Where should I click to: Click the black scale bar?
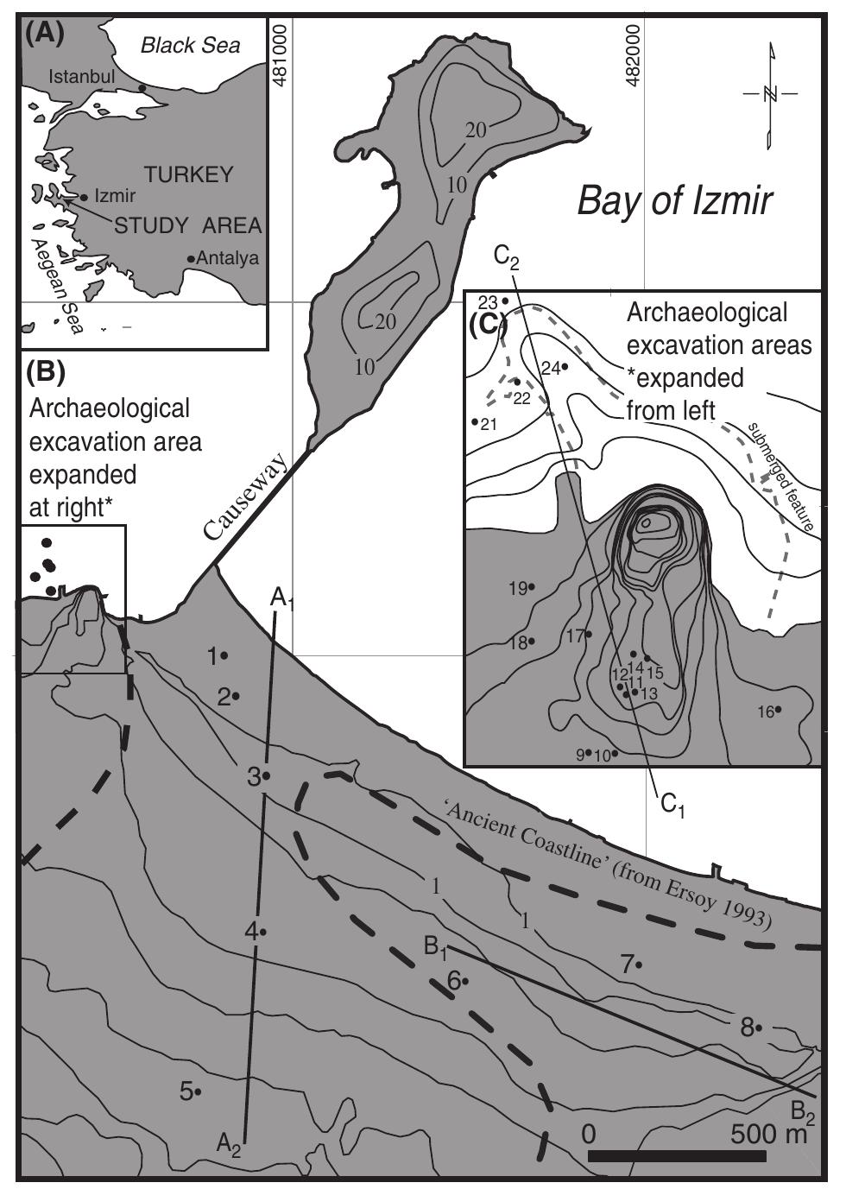coord(677,1156)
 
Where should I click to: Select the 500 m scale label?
coord(767,1133)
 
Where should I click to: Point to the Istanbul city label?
coord(81,77)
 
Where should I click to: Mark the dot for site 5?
coord(199,1092)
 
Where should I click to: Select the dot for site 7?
coord(639,964)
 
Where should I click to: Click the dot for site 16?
coord(778,710)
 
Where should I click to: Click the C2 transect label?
coord(506,257)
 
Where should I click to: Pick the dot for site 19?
coord(532,587)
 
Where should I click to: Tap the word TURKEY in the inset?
coord(189,174)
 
